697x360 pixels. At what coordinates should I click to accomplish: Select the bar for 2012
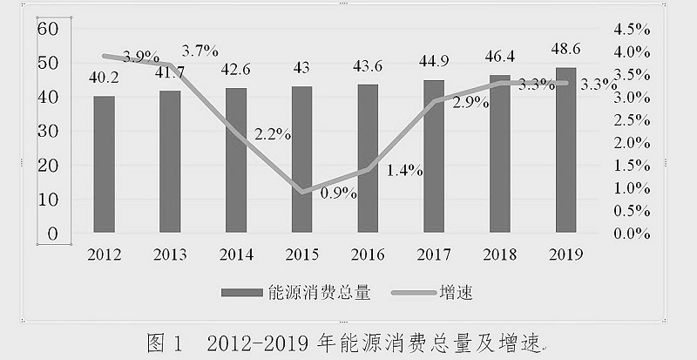(105, 165)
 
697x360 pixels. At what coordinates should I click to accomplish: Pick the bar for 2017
(434, 157)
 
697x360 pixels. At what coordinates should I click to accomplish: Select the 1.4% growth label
(405, 172)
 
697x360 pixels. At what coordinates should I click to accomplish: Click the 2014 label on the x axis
(236, 255)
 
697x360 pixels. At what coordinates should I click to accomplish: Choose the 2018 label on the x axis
(499, 255)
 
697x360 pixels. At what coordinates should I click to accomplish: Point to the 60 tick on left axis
(46, 29)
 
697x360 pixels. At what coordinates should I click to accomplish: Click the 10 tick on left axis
(46, 200)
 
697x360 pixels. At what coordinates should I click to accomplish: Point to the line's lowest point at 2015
(302, 192)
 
